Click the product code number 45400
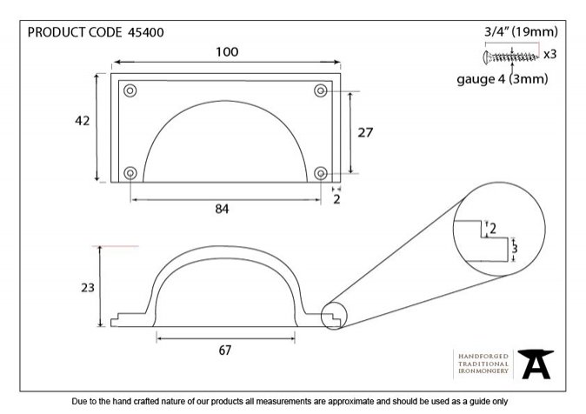pos(146,32)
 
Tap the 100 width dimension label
pos(227,52)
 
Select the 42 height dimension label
pos(83,121)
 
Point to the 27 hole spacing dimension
pos(365,132)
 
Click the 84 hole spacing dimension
pos(222,209)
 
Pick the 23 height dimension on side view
pos(88,288)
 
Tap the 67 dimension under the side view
pos(224,351)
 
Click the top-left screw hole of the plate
pos(130,90)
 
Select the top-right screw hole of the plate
pos(321,90)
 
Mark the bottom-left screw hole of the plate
pos(130,173)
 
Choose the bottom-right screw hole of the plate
pos(321,173)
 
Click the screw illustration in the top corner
pos(511,57)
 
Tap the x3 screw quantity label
pos(549,55)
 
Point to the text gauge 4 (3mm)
pos(503,79)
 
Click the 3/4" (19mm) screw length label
pos(521,32)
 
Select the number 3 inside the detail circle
pos(515,249)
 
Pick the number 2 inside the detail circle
pos(493,228)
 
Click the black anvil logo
pos(536,364)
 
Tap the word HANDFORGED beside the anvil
pos(483,357)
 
